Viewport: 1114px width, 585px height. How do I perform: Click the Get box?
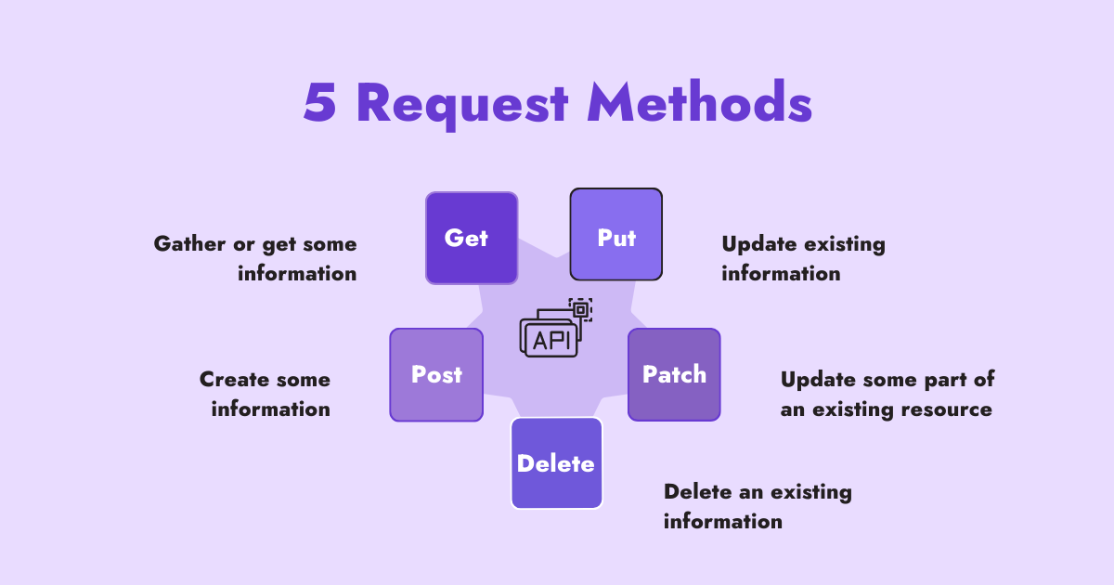click(472, 238)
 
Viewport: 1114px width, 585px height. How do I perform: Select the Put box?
click(615, 234)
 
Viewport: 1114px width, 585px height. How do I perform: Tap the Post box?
click(436, 374)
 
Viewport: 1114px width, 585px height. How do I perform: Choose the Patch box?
click(674, 374)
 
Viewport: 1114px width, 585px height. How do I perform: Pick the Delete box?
click(556, 463)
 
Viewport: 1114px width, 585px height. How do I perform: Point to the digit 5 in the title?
click(320, 103)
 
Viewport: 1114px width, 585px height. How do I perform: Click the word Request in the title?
click(461, 103)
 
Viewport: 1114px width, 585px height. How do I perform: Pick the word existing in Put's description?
click(846, 244)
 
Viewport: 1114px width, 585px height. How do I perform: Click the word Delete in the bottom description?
click(696, 491)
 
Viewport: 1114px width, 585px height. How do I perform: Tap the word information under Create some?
click(270, 409)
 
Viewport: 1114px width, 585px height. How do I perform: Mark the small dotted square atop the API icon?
click(580, 310)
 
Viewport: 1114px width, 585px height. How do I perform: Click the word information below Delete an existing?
click(722, 521)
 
